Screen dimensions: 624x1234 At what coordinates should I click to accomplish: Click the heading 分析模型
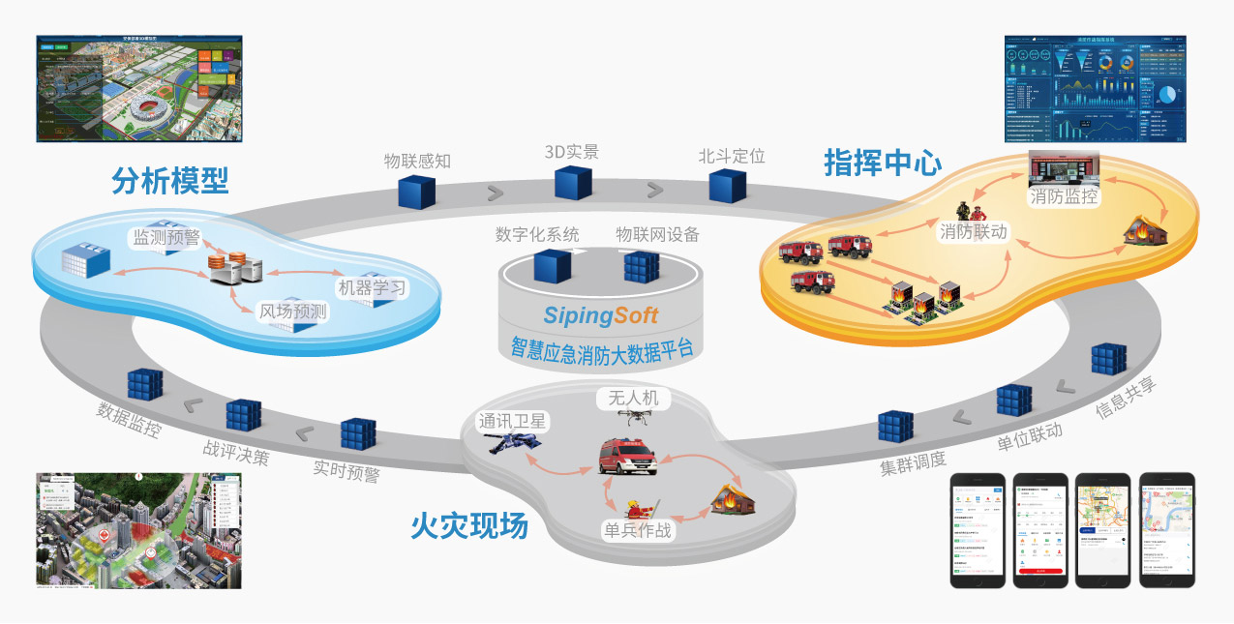coord(170,181)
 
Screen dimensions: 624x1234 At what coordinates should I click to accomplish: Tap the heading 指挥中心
coord(882,163)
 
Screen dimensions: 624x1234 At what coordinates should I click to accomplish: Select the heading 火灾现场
coord(469,526)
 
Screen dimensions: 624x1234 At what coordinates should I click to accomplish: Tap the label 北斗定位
coord(732,155)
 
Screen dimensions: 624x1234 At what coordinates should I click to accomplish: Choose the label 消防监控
coord(1064,197)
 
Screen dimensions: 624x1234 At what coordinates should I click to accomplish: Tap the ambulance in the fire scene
coord(627,457)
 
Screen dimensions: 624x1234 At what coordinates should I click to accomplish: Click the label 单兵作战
coord(638,530)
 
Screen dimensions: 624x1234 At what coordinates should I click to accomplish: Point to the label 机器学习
coord(372,288)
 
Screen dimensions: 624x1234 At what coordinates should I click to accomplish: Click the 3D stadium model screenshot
coord(138,89)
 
